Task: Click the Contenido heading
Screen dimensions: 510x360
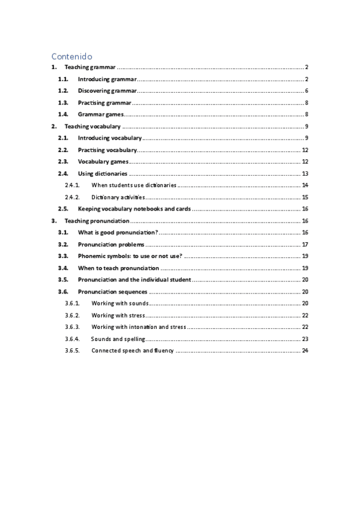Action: tap(72, 55)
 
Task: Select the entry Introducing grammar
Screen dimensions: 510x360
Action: tap(107, 79)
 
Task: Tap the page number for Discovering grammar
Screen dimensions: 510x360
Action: tap(306, 91)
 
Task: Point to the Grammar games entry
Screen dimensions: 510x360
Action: tap(100, 114)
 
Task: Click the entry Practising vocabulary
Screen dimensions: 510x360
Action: tap(107, 150)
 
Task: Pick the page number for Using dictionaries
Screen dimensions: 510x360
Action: tap(305, 173)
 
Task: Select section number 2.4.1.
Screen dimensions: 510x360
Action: tap(72, 185)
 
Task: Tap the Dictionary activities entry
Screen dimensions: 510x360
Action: tap(118, 197)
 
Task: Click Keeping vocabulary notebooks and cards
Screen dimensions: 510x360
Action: tap(134, 209)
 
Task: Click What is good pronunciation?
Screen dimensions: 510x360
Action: tap(118, 232)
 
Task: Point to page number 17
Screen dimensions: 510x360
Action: tap(305, 244)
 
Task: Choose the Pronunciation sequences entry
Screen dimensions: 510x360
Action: tap(112, 291)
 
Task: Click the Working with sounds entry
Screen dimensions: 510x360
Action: tap(120, 303)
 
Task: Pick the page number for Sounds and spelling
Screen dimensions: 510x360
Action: tap(305, 339)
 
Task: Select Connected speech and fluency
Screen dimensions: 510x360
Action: tap(132, 350)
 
